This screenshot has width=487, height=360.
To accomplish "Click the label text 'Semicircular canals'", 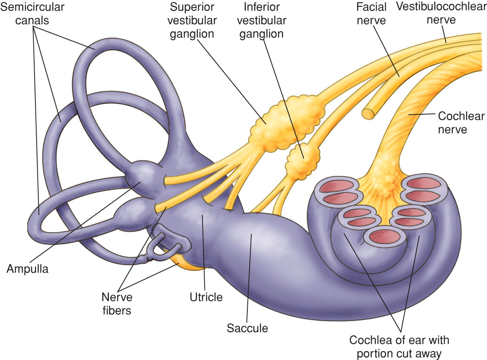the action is [32, 14].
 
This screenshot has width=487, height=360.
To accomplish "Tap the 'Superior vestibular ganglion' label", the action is [192, 21].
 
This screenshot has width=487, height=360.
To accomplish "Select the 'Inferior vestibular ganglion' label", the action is [261, 21].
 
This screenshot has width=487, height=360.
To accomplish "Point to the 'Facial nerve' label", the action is [371, 14].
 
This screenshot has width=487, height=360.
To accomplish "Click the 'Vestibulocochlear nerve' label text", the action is [441, 13].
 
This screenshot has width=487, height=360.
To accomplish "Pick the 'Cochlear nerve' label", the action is [461, 123].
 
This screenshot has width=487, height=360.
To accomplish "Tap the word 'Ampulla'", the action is [27, 269].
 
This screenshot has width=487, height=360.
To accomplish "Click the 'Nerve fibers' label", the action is [117, 304].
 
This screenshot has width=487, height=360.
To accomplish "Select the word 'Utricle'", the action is [206, 297].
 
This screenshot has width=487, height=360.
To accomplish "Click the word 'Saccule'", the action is [247, 328].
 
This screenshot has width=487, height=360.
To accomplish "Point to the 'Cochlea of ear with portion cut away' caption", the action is [399, 347].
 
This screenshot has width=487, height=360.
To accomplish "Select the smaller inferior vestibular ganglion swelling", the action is [302, 161].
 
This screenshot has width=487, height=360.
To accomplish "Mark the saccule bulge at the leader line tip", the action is [252, 235].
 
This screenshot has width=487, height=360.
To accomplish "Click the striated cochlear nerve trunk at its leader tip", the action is [409, 114].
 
